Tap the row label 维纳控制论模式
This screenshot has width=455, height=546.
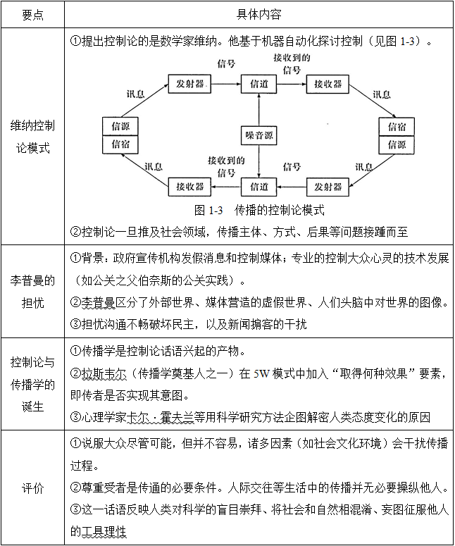click(x=32, y=137)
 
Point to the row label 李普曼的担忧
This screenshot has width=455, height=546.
click(x=32, y=291)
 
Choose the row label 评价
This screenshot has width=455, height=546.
click(x=32, y=488)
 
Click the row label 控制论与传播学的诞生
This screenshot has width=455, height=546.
click(x=32, y=385)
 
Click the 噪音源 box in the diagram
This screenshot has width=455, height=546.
click(x=259, y=135)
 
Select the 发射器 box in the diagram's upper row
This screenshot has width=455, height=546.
click(x=190, y=83)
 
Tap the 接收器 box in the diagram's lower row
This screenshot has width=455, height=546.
click(x=190, y=187)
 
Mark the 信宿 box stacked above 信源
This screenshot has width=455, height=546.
click(x=397, y=127)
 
